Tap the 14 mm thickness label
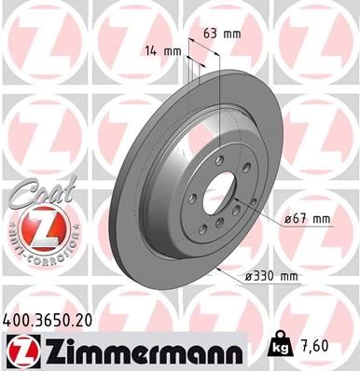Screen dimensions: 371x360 (162, 50)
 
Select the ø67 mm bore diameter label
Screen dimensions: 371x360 (307, 219)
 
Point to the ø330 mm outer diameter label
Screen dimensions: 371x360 (271, 276)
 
